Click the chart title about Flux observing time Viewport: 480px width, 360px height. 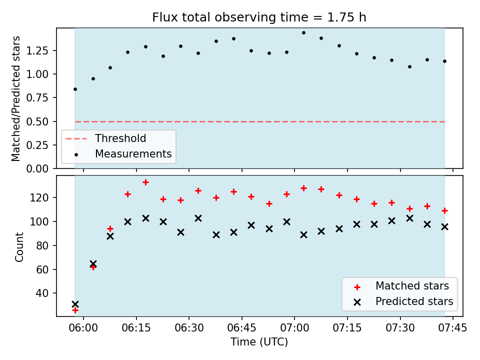coord(259,17)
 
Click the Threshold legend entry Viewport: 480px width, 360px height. coord(120,138)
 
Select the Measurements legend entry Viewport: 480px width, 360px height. coord(133,153)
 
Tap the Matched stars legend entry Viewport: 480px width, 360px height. coord(412,286)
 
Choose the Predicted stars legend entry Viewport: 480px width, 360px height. coord(414,301)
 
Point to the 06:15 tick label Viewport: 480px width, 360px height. coord(136,328)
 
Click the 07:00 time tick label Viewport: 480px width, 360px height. coord(294,328)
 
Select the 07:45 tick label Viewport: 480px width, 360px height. coord(453,328)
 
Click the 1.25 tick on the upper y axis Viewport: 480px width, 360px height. coord(37,50)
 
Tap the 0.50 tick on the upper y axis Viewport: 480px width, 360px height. coord(37,121)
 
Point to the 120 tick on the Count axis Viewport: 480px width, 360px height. coord(39,198)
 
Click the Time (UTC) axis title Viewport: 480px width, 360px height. coord(259,341)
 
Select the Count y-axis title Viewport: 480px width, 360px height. coord(19,247)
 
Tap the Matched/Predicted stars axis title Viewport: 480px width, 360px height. coord(15,98)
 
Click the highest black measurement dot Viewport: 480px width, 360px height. coord(303,33)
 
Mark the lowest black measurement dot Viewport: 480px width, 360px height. coord(75,89)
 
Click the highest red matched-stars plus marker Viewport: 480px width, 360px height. coord(145,182)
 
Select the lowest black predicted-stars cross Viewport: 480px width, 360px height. coord(75,304)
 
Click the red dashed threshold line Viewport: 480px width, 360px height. coord(260,122)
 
